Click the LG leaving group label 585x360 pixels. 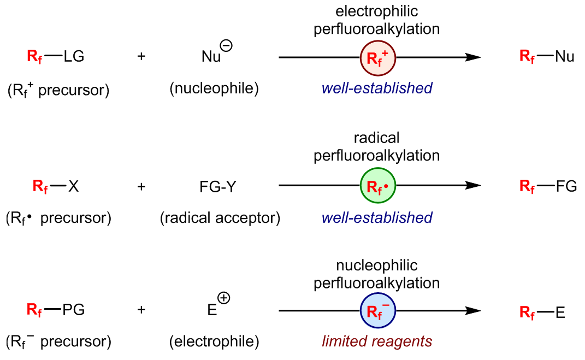[x=74, y=57]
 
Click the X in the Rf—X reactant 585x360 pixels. [x=73, y=187]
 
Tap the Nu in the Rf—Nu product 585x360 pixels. [x=564, y=57]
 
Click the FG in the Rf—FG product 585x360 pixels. [x=566, y=187]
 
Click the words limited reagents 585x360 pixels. [x=377, y=341]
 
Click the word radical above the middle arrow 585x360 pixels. [x=377, y=138]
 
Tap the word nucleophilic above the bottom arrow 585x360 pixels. [x=377, y=265]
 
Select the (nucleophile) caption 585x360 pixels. [x=214, y=88]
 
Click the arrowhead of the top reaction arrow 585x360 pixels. [x=473, y=57]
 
